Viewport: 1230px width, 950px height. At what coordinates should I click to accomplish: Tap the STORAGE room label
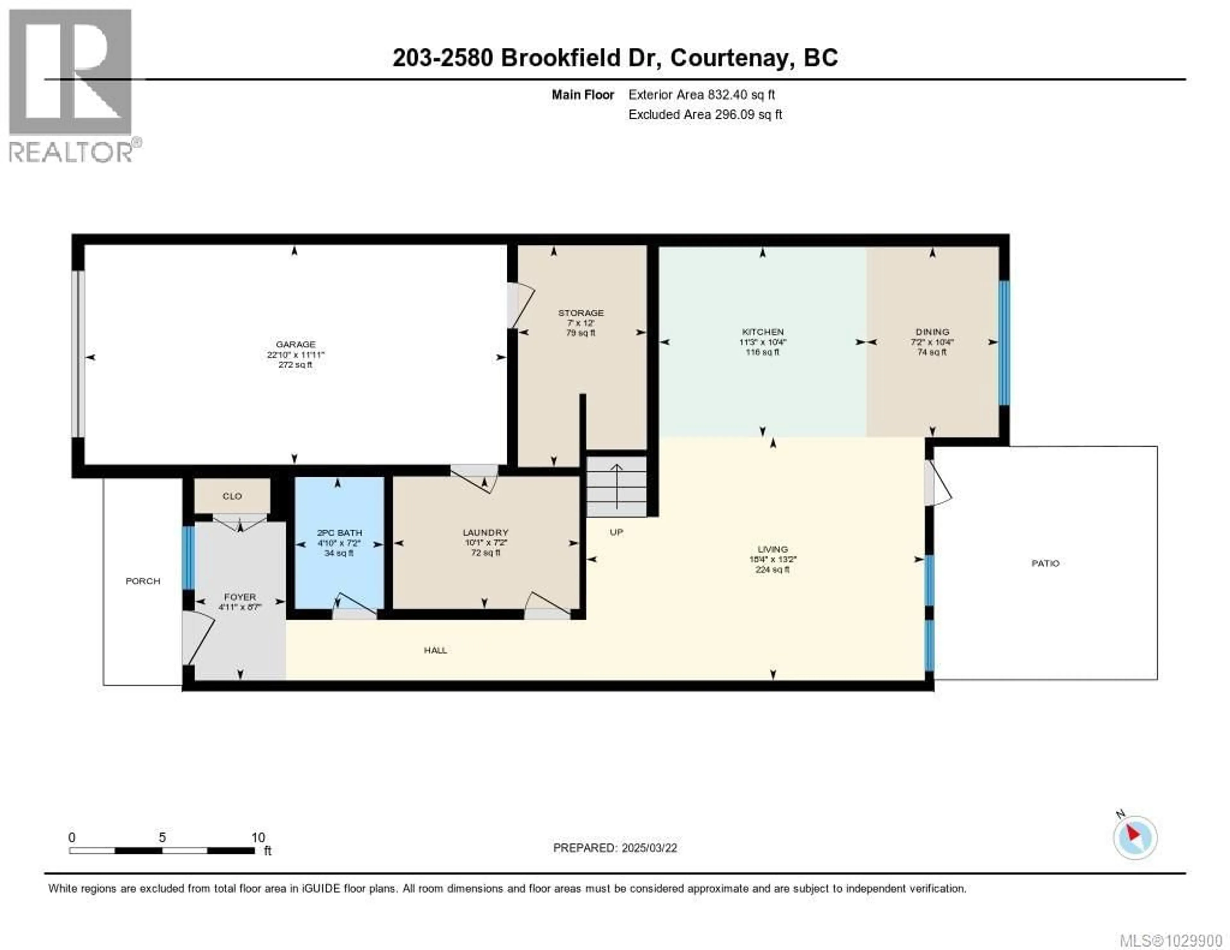(x=581, y=313)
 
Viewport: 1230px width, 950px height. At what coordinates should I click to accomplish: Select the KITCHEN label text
(x=763, y=332)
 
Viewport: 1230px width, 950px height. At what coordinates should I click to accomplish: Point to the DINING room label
(x=932, y=332)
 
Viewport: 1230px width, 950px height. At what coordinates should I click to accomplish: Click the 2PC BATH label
(x=339, y=532)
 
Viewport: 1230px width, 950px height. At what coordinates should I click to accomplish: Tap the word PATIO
(x=1045, y=563)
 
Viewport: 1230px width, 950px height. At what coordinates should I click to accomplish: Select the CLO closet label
(x=232, y=496)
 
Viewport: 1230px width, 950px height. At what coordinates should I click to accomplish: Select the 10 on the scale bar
(x=258, y=837)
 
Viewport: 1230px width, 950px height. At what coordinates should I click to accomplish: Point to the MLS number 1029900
(x=1170, y=940)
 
